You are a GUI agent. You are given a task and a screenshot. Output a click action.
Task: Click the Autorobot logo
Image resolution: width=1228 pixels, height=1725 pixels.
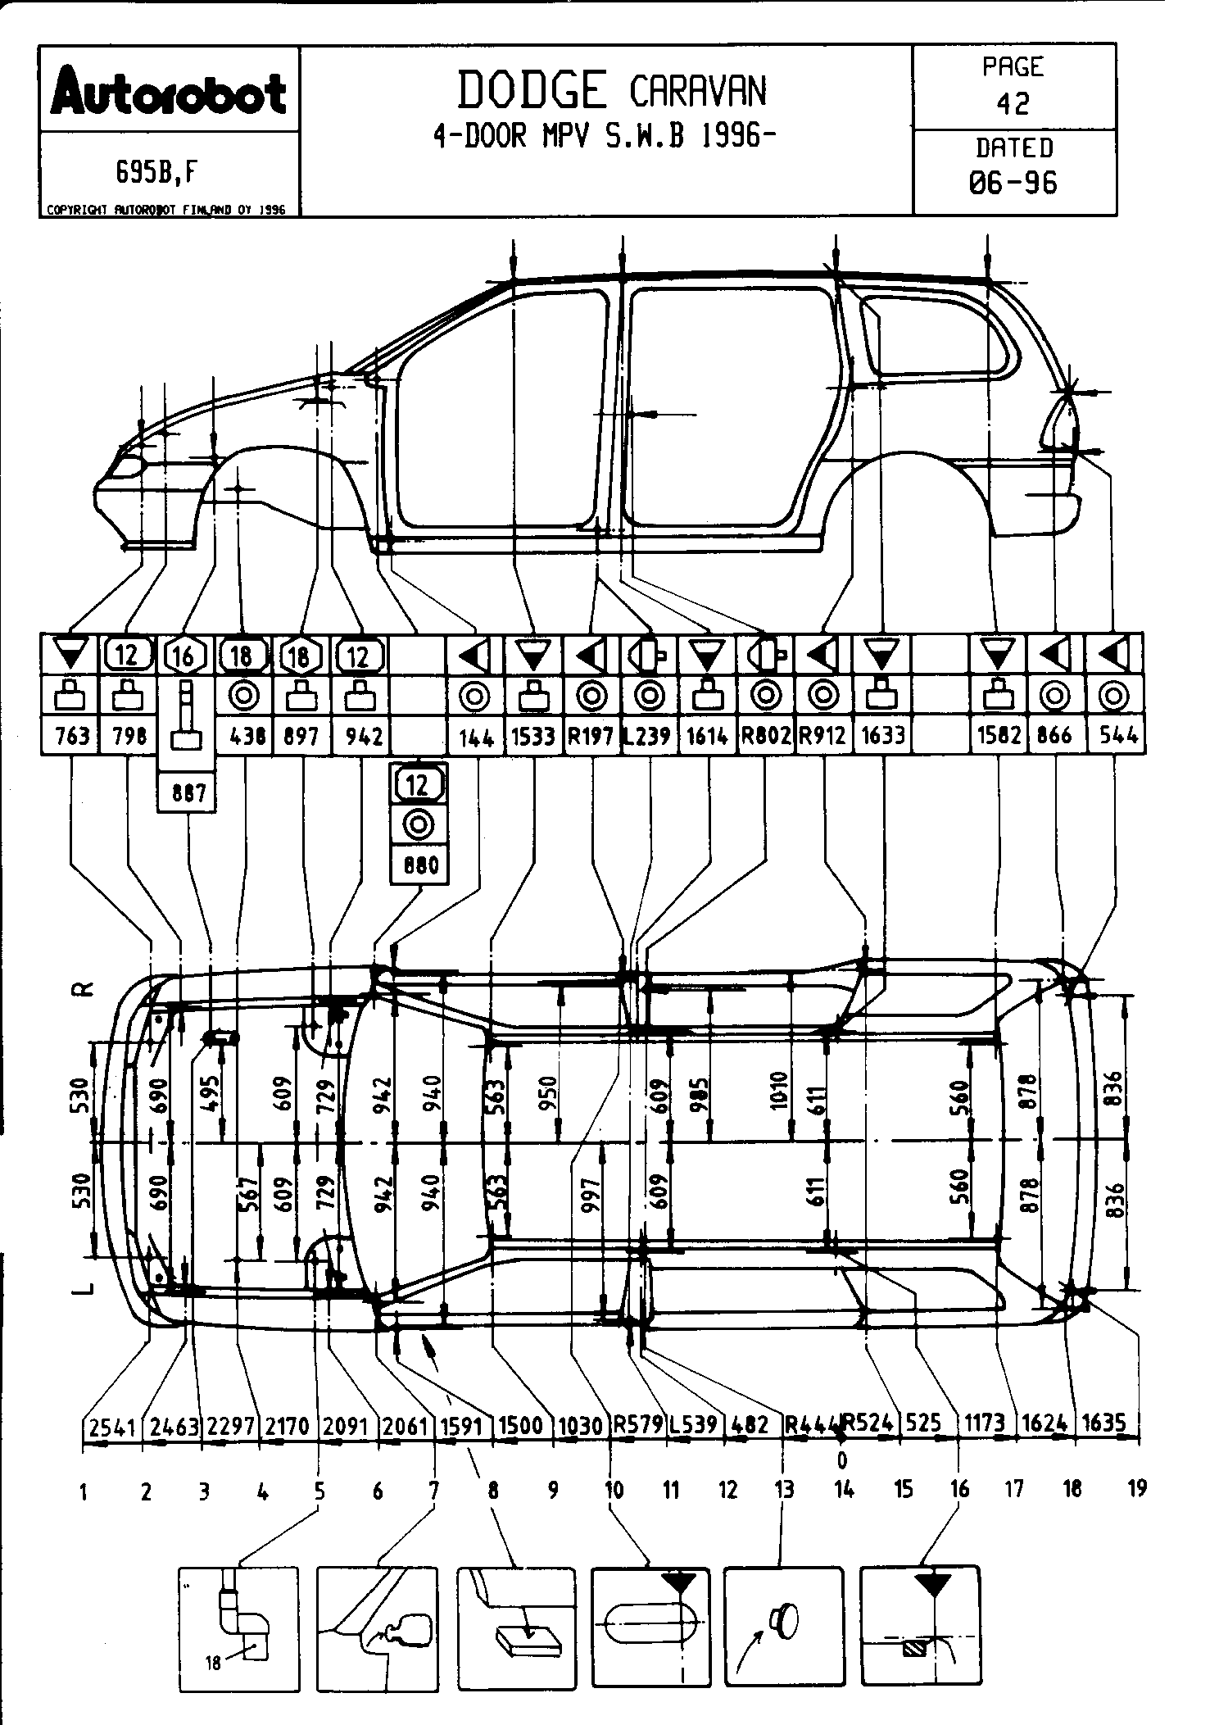(169, 91)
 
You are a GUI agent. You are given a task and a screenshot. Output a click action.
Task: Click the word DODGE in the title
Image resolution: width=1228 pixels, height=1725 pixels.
(532, 90)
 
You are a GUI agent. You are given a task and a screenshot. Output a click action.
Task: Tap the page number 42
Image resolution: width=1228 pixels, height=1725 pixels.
(1013, 103)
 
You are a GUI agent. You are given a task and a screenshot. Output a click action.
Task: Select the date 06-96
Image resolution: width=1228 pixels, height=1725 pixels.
(1013, 182)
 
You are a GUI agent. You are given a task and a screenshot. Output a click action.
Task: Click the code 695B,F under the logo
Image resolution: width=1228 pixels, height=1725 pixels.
(157, 172)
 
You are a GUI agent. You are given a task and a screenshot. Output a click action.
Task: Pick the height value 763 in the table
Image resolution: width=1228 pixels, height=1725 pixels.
(71, 736)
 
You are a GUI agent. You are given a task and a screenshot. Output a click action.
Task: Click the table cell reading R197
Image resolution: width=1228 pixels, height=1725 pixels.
(591, 736)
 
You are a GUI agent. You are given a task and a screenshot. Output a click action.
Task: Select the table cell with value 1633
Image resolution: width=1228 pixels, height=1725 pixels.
(882, 736)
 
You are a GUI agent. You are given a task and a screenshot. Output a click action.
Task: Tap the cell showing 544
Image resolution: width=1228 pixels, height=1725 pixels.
(1117, 736)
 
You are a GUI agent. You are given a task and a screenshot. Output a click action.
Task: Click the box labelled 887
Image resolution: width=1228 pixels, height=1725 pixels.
(187, 793)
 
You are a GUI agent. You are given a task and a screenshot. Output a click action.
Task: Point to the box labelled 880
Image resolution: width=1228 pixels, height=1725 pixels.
(420, 865)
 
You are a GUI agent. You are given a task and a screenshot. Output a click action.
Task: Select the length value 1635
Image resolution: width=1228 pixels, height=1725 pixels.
(1104, 1423)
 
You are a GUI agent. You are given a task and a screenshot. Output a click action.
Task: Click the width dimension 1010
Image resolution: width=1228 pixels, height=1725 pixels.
(779, 1090)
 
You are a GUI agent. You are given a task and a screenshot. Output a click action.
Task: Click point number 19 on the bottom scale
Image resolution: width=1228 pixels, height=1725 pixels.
(1137, 1489)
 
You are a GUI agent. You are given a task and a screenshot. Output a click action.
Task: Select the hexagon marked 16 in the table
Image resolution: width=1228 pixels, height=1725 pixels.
(184, 655)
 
